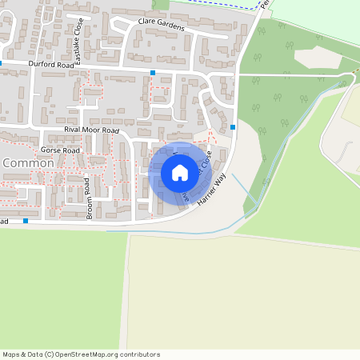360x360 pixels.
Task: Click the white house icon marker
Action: tap(179, 172)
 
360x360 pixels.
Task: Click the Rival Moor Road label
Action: tap(91, 130)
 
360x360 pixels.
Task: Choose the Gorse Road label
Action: tap(60, 150)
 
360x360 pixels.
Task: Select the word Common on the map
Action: tap(28, 163)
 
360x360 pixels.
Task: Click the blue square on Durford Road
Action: tap(153, 73)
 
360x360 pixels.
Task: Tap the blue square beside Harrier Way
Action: tap(233, 126)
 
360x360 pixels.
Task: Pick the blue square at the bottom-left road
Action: tap(26, 220)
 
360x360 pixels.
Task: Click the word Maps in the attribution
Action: tap(12, 354)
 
